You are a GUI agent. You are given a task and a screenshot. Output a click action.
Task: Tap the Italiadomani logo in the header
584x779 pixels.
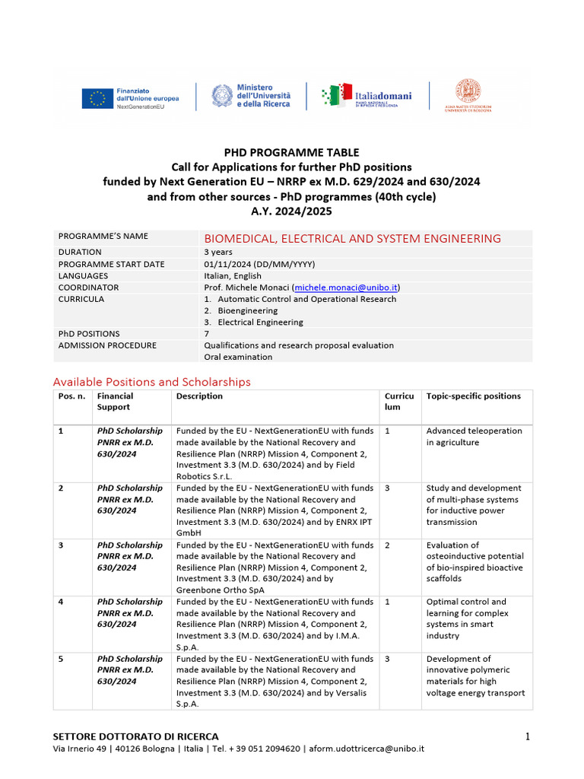click(367, 97)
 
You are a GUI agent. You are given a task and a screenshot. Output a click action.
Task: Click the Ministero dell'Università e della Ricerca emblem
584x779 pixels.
click(223, 97)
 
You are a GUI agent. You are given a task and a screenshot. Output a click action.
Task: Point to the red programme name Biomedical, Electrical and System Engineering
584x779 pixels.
click(352, 239)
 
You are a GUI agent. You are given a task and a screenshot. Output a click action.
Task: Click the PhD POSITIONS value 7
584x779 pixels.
click(206, 334)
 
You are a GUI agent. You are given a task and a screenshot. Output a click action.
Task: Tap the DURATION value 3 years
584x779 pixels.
click(218, 252)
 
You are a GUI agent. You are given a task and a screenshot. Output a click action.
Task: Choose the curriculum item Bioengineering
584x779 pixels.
click(247, 311)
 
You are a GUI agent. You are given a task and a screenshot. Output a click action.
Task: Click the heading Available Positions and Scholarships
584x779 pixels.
click(151, 382)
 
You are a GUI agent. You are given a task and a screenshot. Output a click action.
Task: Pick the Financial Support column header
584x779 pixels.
click(115, 402)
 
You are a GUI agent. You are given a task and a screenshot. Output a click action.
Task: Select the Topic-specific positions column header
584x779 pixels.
click(473, 396)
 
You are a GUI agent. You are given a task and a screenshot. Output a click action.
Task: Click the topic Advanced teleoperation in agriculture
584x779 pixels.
click(474, 437)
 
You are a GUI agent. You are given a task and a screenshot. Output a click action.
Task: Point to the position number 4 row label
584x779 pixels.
click(61, 602)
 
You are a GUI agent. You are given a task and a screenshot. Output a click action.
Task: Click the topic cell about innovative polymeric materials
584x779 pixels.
click(475, 676)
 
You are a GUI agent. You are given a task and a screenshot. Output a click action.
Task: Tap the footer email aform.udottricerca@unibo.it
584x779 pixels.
click(366, 749)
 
